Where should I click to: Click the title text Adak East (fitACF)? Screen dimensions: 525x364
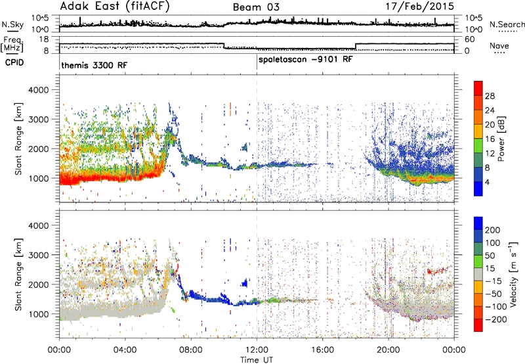[115, 6]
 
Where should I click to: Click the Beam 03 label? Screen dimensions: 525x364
[256, 7]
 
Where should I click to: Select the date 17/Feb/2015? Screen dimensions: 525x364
[420, 6]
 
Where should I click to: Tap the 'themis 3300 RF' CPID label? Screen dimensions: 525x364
[94, 65]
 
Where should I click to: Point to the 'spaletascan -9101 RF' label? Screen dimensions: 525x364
[306, 60]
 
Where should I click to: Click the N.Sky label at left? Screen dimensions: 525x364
[12, 24]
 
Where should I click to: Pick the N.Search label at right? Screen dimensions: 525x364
[507, 24]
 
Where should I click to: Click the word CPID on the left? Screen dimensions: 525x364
[14, 62]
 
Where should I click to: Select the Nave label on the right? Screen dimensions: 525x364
[499, 45]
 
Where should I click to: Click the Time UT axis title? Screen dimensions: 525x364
[257, 360]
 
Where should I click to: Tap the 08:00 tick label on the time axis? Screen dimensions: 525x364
[191, 350]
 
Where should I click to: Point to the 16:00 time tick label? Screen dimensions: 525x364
[322, 350]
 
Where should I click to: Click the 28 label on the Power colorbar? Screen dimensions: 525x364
[490, 96]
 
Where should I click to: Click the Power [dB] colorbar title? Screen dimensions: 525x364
[501, 139]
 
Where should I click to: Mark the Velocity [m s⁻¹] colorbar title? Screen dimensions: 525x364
[513, 274]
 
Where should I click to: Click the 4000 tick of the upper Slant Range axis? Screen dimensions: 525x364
[39, 90]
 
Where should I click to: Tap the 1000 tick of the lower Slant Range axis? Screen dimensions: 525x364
[39, 314]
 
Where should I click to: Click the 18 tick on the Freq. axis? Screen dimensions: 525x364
[44, 39]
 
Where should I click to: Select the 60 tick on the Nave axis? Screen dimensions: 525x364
[470, 39]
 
